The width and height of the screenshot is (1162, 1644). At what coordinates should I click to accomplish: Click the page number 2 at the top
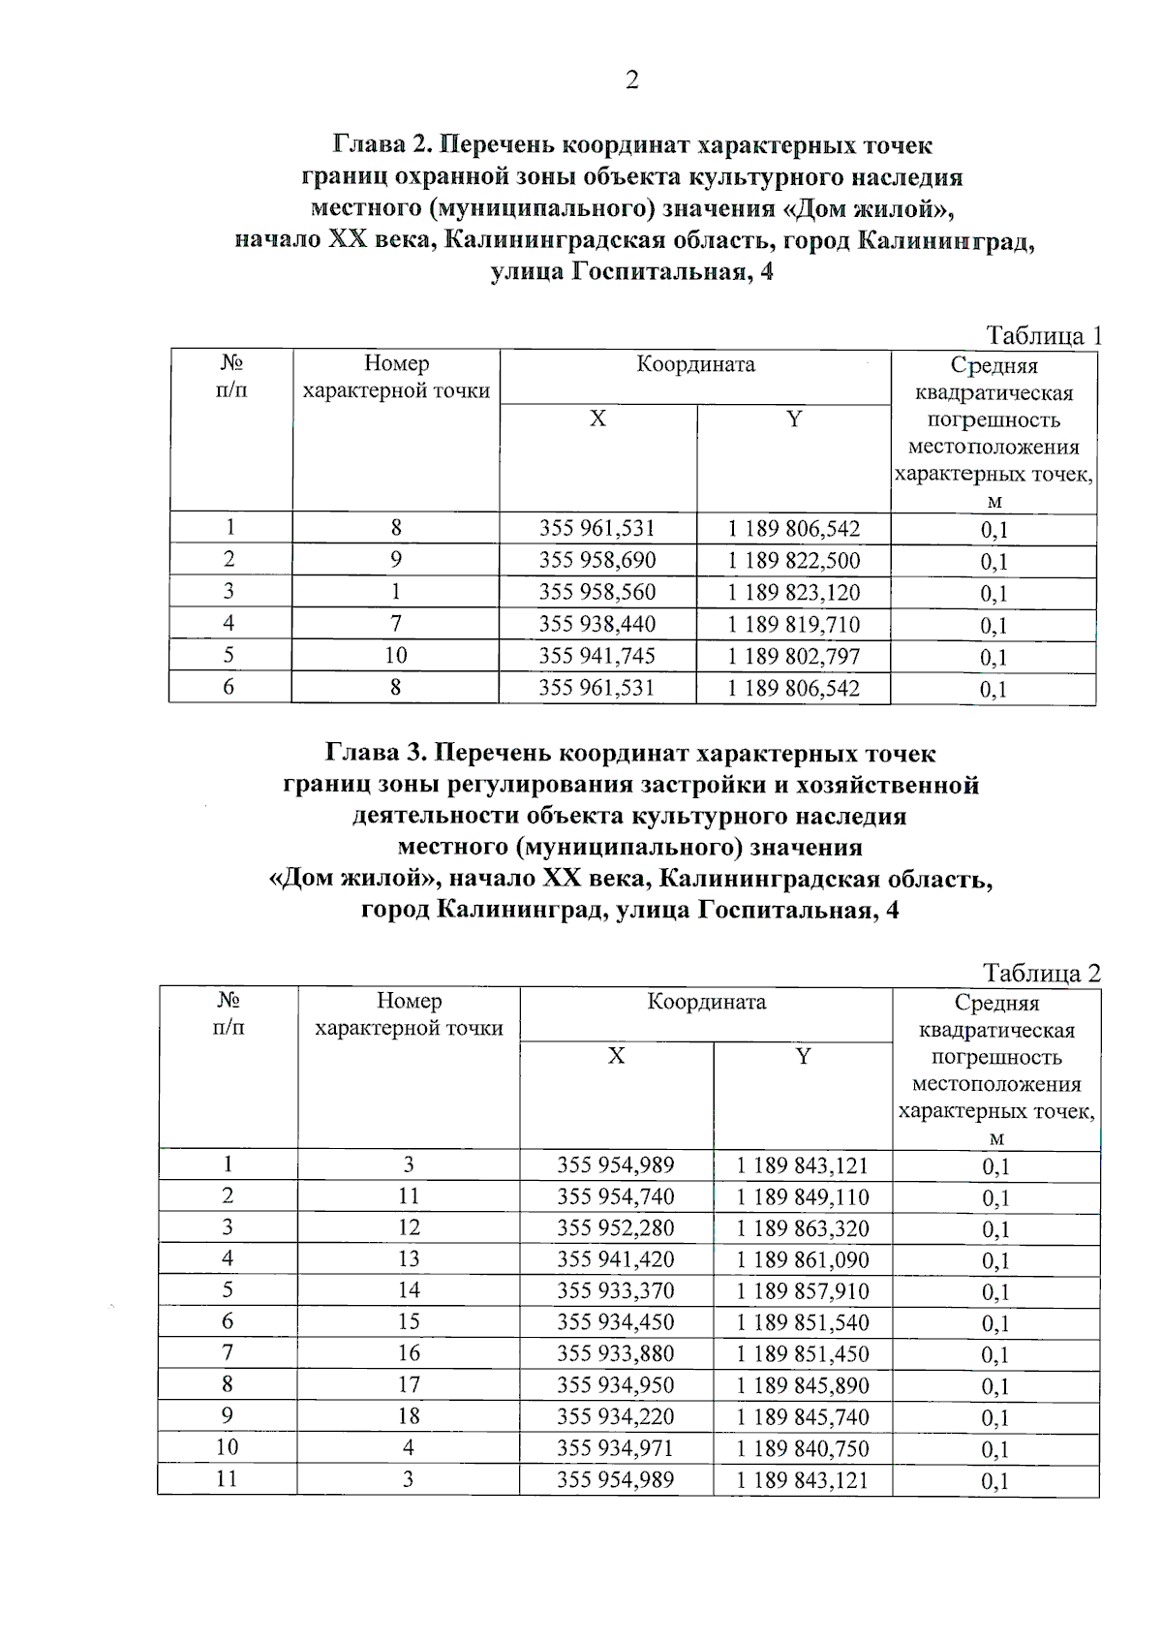[631, 80]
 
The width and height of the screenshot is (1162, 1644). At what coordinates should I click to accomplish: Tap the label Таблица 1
[1043, 336]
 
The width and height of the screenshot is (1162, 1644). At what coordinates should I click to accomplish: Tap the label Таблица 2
[1041, 973]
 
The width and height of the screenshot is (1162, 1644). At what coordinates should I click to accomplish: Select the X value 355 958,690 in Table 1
[596, 560]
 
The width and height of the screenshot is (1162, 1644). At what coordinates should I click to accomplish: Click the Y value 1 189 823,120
[793, 592]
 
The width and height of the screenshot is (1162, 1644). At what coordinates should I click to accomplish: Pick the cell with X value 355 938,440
[596, 624]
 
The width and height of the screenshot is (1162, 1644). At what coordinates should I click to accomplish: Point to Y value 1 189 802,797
[793, 656]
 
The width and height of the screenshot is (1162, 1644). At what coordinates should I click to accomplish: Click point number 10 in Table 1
[395, 655]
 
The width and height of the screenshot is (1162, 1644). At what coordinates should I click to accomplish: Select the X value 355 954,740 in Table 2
[615, 1196]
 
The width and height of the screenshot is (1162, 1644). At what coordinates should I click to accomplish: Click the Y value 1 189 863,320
[803, 1228]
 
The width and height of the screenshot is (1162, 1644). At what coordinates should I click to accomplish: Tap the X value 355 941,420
[615, 1259]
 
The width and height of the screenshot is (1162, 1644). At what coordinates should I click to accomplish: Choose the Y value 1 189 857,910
[803, 1291]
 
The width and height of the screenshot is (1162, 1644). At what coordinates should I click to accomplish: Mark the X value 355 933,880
[615, 1353]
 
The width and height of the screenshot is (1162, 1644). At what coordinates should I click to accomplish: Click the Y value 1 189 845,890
[803, 1385]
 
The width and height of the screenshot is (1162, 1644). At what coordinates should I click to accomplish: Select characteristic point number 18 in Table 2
[409, 1415]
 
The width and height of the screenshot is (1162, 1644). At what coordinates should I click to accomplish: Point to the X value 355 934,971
[615, 1448]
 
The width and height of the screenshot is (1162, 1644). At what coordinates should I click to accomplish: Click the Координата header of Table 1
[695, 365]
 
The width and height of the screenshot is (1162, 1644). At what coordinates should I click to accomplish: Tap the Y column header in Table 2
[803, 1056]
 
